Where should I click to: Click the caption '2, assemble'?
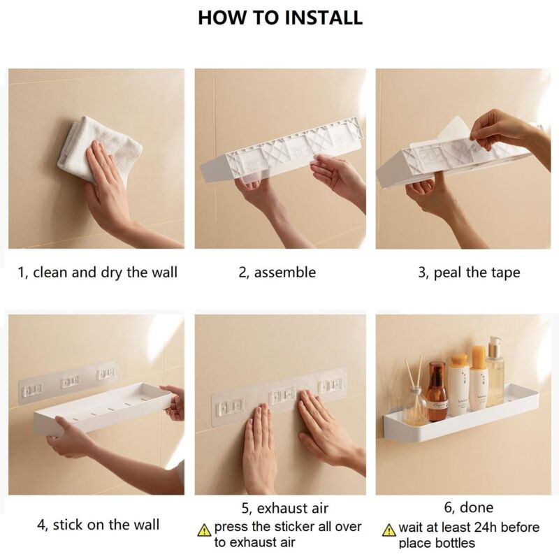click(x=277, y=272)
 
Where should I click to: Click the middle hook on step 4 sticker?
click(x=70, y=381)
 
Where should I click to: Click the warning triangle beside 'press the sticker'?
click(x=204, y=530)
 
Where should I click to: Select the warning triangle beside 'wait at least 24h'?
click(x=389, y=530)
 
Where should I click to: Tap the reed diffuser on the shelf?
click(x=415, y=402)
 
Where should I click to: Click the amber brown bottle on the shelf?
click(x=437, y=392)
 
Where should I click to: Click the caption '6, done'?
click(x=467, y=508)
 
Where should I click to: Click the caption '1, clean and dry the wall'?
click(x=98, y=272)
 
